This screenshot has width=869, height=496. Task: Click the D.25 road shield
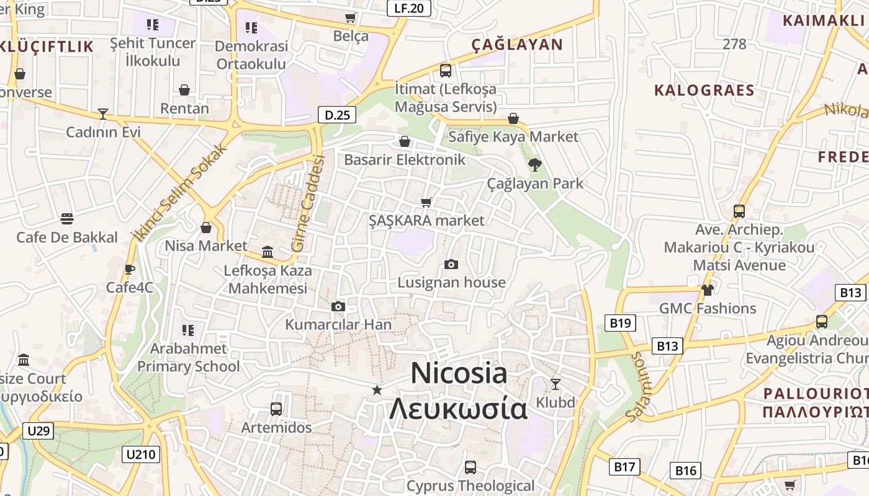point(338,115)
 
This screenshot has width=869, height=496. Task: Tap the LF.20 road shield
point(408,8)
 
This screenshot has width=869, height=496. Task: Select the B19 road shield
point(620,322)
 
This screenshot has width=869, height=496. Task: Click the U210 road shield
point(141,454)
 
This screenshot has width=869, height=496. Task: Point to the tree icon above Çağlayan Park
point(534,165)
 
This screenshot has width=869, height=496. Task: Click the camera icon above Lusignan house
point(451,265)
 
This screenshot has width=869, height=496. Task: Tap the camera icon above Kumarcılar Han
point(338,306)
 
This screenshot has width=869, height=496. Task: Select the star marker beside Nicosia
point(377,390)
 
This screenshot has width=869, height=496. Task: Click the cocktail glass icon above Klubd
point(556,384)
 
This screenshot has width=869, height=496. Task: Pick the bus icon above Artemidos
point(276,409)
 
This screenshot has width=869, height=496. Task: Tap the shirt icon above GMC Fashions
point(707,290)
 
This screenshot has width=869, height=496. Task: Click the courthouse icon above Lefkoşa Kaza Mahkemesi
point(268,252)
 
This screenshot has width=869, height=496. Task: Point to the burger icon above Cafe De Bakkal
point(67,219)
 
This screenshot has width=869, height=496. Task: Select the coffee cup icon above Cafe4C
point(129,269)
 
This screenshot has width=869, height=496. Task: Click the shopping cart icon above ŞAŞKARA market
point(426,202)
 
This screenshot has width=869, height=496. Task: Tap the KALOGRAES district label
point(705,91)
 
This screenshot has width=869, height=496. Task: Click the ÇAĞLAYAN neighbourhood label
point(516,45)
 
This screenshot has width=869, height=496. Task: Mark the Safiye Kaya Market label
point(513,136)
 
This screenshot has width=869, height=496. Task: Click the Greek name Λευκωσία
point(458,409)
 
